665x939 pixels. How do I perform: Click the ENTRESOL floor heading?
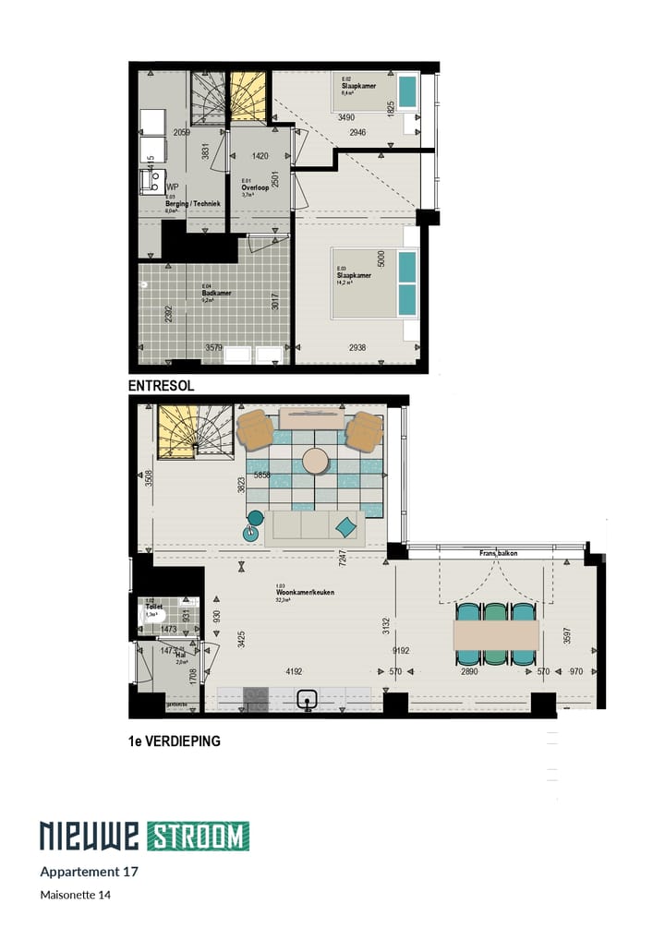point(162,386)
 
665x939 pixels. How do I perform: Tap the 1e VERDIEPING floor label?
point(175,740)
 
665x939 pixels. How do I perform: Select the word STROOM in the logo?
point(198,836)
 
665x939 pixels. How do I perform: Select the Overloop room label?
point(254,187)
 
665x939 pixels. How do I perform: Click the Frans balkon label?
point(498,553)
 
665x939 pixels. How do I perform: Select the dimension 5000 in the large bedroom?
point(381,260)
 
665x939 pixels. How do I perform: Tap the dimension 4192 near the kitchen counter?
point(294,672)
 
